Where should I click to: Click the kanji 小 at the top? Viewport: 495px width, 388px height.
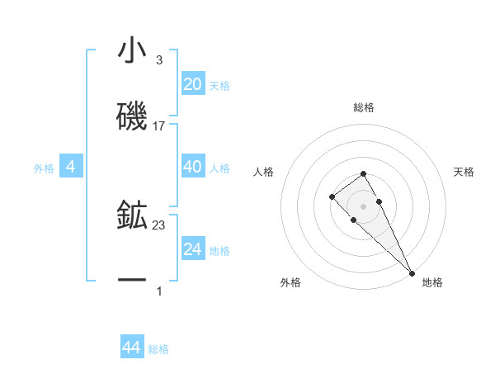click(x=132, y=51)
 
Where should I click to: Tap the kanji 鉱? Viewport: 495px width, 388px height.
click(x=132, y=215)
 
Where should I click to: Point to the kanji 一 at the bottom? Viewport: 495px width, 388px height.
click(x=132, y=281)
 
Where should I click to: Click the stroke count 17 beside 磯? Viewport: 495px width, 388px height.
click(x=159, y=126)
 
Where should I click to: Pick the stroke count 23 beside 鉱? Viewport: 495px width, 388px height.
click(x=159, y=224)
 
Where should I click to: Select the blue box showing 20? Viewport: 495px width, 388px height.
click(x=193, y=84)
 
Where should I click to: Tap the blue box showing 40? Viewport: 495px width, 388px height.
click(x=193, y=167)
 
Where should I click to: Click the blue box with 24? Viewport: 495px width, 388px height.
click(x=193, y=248)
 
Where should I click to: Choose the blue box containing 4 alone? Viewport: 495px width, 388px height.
click(x=71, y=167)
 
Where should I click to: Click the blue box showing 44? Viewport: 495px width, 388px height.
click(x=131, y=348)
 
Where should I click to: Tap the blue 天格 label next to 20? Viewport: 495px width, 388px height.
click(x=219, y=85)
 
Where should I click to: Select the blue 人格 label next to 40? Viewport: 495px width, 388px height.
click(x=219, y=168)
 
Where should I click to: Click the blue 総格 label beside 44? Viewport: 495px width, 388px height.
click(x=158, y=348)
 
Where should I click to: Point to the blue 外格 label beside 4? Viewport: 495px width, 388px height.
click(x=44, y=168)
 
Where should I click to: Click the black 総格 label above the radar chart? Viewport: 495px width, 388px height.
click(x=364, y=107)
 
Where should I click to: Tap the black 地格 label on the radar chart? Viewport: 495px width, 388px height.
click(x=432, y=282)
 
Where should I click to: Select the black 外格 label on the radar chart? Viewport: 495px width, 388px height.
click(x=290, y=282)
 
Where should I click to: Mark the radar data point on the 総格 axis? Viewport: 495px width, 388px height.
click(x=363, y=173)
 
